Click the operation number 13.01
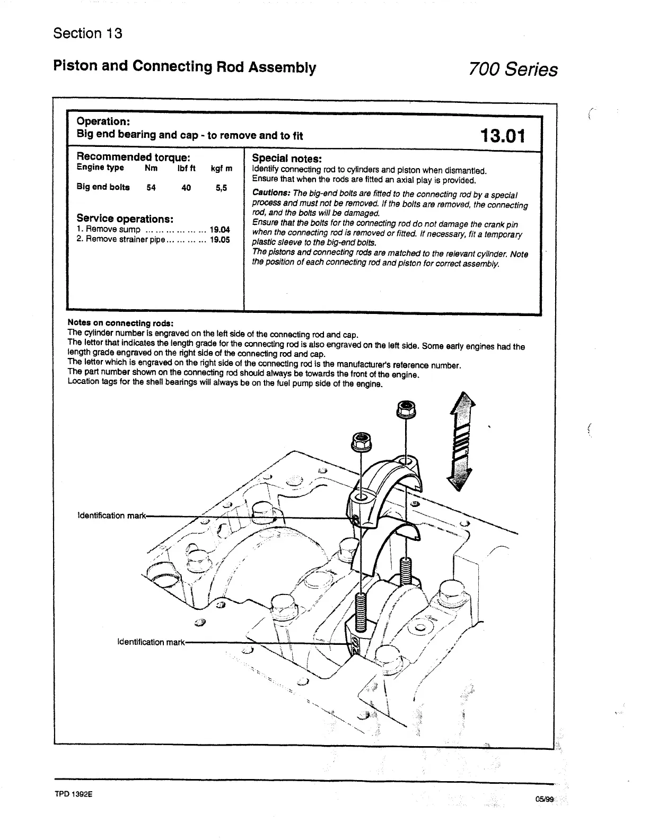[502, 135]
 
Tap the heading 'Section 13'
[87, 33]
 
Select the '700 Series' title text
[513, 69]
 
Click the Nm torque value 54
[151, 188]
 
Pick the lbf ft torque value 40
[186, 188]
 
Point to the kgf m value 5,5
[222, 188]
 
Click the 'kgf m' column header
[222, 169]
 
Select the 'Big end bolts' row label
[103, 187]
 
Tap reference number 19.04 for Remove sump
[220, 230]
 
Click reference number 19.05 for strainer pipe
[220, 240]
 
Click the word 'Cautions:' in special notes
[271, 193]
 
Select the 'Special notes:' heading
[287, 158]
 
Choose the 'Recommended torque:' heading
[133, 157]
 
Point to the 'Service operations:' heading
[125, 218]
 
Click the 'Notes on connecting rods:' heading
[120, 323]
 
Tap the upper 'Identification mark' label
[111, 515]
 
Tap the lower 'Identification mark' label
[151, 642]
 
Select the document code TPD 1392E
[73, 795]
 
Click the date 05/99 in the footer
[544, 799]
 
